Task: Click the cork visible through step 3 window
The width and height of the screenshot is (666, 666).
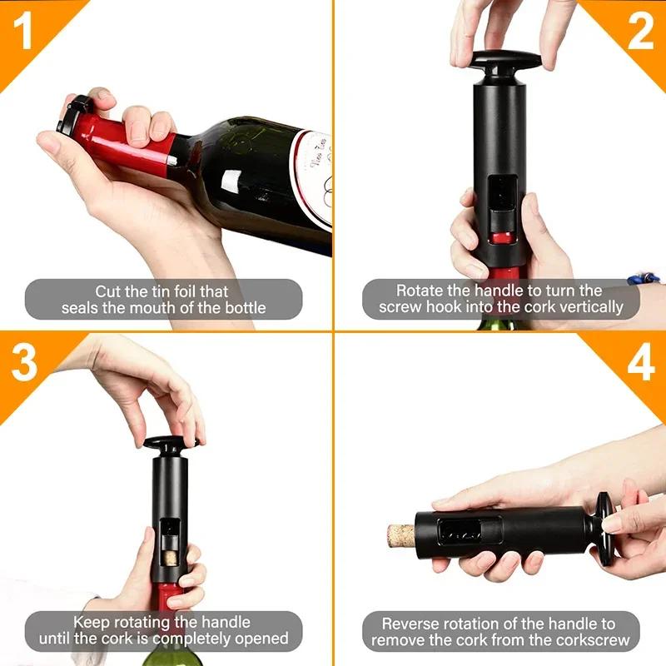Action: [x=169, y=553]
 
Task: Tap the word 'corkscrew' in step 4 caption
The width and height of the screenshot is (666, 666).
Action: [x=585, y=640]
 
